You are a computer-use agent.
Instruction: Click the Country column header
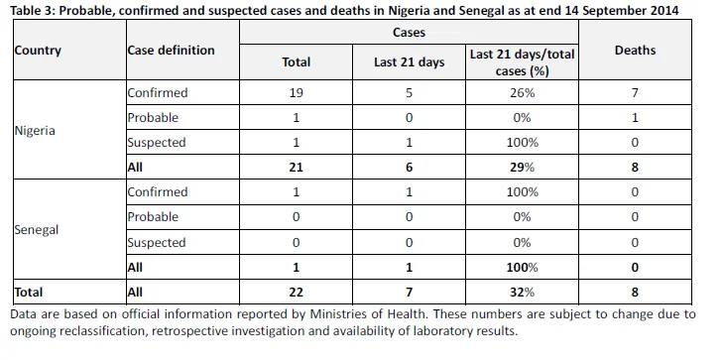(x=38, y=51)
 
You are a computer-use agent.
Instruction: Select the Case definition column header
(x=171, y=51)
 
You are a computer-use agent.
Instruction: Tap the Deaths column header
(x=635, y=51)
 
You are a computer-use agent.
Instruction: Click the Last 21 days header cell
(x=409, y=62)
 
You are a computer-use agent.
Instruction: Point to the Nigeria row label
(x=35, y=131)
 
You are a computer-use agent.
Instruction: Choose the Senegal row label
(x=37, y=229)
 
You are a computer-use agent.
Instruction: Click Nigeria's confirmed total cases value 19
(x=296, y=92)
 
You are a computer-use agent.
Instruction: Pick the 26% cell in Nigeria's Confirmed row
(x=522, y=92)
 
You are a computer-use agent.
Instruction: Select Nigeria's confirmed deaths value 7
(x=635, y=92)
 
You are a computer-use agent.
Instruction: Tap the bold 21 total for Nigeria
(x=296, y=167)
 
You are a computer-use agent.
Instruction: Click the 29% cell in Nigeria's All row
(x=522, y=167)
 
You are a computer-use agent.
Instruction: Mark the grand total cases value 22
(x=296, y=293)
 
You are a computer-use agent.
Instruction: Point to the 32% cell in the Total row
(x=522, y=293)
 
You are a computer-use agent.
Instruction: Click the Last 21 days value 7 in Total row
(x=409, y=293)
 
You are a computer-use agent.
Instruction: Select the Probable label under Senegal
(x=153, y=216)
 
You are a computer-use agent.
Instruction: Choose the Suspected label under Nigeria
(x=157, y=143)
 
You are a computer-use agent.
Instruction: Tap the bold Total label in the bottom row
(x=29, y=293)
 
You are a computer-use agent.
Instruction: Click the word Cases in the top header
(x=409, y=33)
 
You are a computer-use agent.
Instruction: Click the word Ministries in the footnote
(x=340, y=314)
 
